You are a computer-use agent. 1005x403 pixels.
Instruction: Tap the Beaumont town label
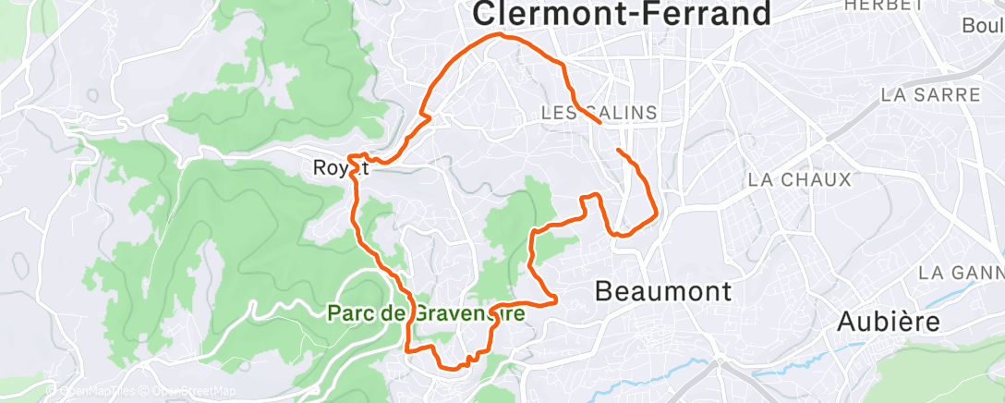tap(663, 292)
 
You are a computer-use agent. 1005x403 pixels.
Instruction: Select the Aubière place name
tap(888, 322)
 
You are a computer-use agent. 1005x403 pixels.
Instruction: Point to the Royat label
tap(341, 168)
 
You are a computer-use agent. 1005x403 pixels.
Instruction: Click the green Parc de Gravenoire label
tap(426, 313)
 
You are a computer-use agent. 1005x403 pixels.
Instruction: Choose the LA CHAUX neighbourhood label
tap(799, 179)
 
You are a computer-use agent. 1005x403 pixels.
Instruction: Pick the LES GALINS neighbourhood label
tap(599, 113)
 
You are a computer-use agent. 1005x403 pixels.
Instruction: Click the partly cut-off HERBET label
tap(884, 5)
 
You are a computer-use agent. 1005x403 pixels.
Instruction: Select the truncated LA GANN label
tap(961, 273)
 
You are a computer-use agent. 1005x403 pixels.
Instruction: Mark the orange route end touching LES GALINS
tap(601, 122)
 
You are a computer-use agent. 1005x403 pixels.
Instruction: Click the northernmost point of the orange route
tap(502, 34)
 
